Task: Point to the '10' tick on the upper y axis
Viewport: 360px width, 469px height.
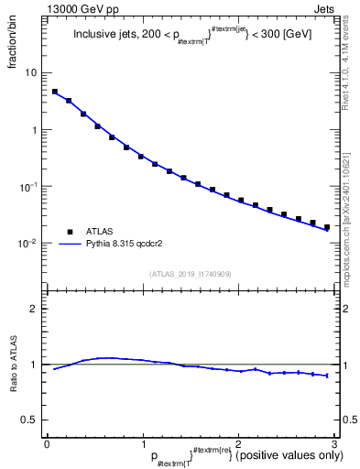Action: pos(31,72)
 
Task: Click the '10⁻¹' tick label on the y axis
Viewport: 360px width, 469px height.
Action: pos(27,186)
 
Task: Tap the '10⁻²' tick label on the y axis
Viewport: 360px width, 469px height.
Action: pos(27,244)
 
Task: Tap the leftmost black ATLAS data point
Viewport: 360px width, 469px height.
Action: pos(55,92)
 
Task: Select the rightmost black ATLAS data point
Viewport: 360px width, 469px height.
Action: pos(327,226)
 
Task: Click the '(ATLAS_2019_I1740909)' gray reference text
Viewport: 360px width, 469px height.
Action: pos(190,274)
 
